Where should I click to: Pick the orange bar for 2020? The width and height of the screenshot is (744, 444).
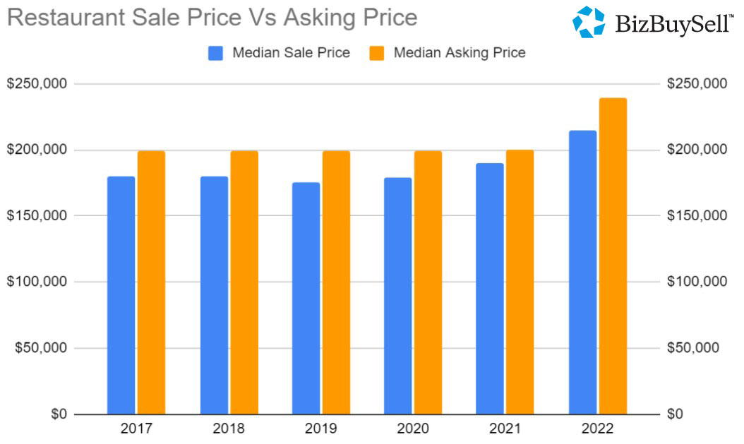point(428,282)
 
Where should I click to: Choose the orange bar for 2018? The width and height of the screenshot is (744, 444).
point(244,282)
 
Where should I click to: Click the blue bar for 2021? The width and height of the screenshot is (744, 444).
point(490,289)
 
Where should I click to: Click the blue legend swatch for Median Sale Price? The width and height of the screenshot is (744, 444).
point(216,53)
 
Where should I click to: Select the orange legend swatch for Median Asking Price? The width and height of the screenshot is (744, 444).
point(377,53)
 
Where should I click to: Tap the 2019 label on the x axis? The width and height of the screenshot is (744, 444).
point(320,429)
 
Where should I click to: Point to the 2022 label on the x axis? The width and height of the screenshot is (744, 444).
point(597,429)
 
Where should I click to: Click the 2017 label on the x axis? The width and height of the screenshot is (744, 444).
point(136,429)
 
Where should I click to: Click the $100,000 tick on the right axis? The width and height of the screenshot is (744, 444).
point(697,282)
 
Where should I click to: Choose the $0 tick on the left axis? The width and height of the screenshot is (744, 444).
point(59,414)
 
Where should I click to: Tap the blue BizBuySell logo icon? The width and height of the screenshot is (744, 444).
point(588,22)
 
